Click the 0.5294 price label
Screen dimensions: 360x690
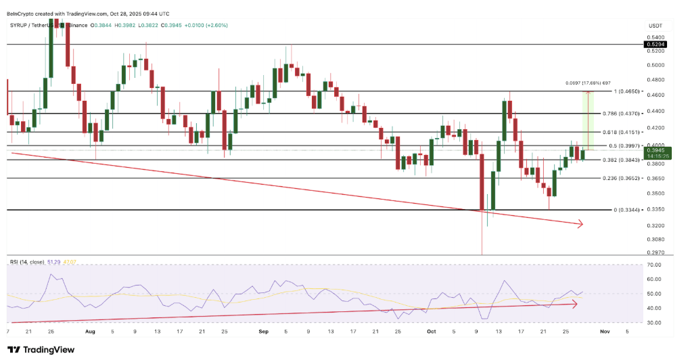click(654, 44)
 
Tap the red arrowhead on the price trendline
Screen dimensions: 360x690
click(579, 224)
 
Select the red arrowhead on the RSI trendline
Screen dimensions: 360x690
click(574, 305)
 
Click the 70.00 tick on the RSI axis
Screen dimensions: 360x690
click(653, 265)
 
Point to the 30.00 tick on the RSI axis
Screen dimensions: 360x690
click(653, 323)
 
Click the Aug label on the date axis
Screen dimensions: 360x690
click(90, 332)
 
